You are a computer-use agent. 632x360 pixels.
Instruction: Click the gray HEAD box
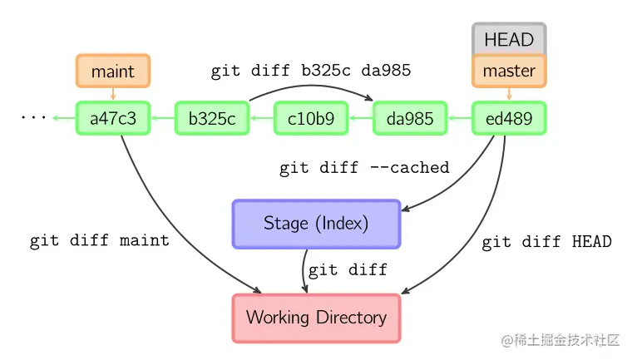pyautogui.click(x=509, y=39)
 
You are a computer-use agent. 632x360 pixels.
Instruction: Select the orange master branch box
pyautogui.click(x=509, y=71)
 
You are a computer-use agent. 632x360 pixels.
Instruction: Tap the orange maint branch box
pyautogui.click(x=112, y=71)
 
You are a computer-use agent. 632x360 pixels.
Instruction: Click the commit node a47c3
pyautogui.click(x=112, y=119)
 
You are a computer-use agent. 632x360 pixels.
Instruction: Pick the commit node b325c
pyautogui.click(x=211, y=119)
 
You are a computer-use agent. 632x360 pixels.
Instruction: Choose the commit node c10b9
pyautogui.click(x=310, y=119)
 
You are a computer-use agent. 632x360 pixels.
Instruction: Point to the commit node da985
pyautogui.click(x=410, y=119)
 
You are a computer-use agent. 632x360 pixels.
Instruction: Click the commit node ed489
pyautogui.click(x=509, y=119)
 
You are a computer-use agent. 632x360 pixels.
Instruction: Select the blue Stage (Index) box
pyautogui.click(x=316, y=224)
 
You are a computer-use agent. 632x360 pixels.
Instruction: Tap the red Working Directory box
pyautogui.click(x=316, y=318)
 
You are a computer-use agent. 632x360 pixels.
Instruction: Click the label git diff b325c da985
pyautogui.click(x=310, y=72)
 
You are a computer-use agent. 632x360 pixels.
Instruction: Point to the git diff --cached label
pyautogui.click(x=364, y=168)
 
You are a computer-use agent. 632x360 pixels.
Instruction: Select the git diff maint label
pyautogui.click(x=100, y=241)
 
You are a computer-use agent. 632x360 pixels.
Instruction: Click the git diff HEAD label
pyautogui.click(x=546, y=242)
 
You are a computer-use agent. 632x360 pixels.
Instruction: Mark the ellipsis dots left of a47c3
pyautogui.click(x=33, y=118)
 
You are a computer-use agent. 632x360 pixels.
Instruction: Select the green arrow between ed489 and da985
pyautogui.click(x=459, y=119)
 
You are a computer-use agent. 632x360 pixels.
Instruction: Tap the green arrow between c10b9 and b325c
pyautogui.click(x=261, y=119)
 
